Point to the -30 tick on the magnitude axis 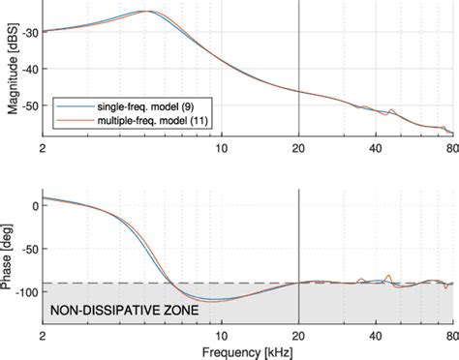coord(29,32)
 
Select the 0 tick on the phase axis coord(34,206)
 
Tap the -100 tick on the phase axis coord(26,291)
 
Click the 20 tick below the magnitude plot coord(298,148)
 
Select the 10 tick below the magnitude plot coord(222,148)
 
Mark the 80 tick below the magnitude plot coord(451,148)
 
